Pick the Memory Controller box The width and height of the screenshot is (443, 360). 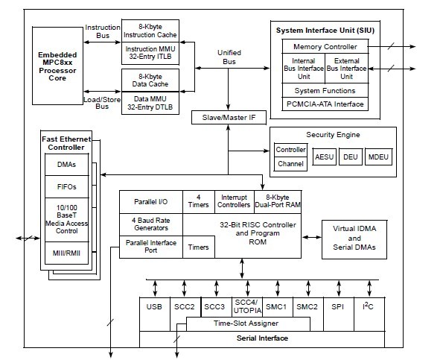click(325, 47)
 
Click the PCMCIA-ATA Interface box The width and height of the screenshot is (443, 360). click(325, 104)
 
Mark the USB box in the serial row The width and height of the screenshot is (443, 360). click(154, 307)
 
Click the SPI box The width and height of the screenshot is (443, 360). click(337, 307)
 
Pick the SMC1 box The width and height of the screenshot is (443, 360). click(275, 307)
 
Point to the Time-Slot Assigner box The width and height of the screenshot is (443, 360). click(246, 323)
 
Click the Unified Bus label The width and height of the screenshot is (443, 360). click(229, 57)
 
